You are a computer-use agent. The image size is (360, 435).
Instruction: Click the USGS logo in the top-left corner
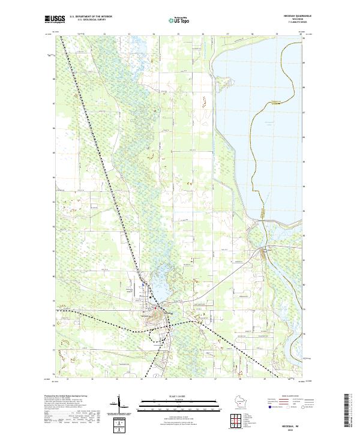pos(55,20)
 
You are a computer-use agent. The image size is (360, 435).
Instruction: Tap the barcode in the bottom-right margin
pos(351,410)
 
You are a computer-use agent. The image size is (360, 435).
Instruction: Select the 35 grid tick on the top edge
pos(178,34)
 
